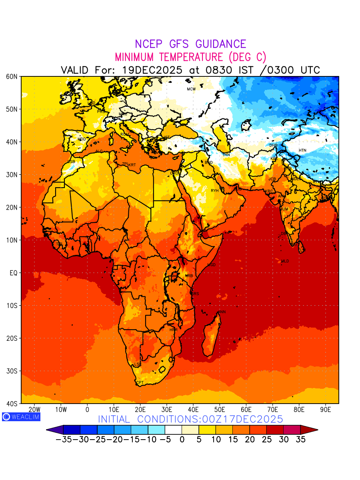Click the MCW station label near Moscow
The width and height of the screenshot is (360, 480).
[191, 89]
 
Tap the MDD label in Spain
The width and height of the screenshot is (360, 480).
[82, 139]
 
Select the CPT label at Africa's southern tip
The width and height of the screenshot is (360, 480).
[140, 383]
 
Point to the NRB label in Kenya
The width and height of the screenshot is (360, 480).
[189, 276]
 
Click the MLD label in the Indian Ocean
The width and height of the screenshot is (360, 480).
[285, 261]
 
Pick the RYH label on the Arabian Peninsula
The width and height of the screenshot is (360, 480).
[215, 191]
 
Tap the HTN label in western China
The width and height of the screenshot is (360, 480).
[302, 150]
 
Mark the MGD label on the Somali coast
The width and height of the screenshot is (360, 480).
[212, 265]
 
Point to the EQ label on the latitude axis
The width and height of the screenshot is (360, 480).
[13, 273]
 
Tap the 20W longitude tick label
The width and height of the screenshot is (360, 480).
[34, 410]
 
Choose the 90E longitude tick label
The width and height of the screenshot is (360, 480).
[326, 410]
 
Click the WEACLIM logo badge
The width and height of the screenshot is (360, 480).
[21, 417]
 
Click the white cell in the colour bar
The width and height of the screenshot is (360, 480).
[173, 430]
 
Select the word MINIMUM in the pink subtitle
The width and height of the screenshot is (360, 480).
[135, 57]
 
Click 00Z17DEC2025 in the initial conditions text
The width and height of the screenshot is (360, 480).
[237, 419]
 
